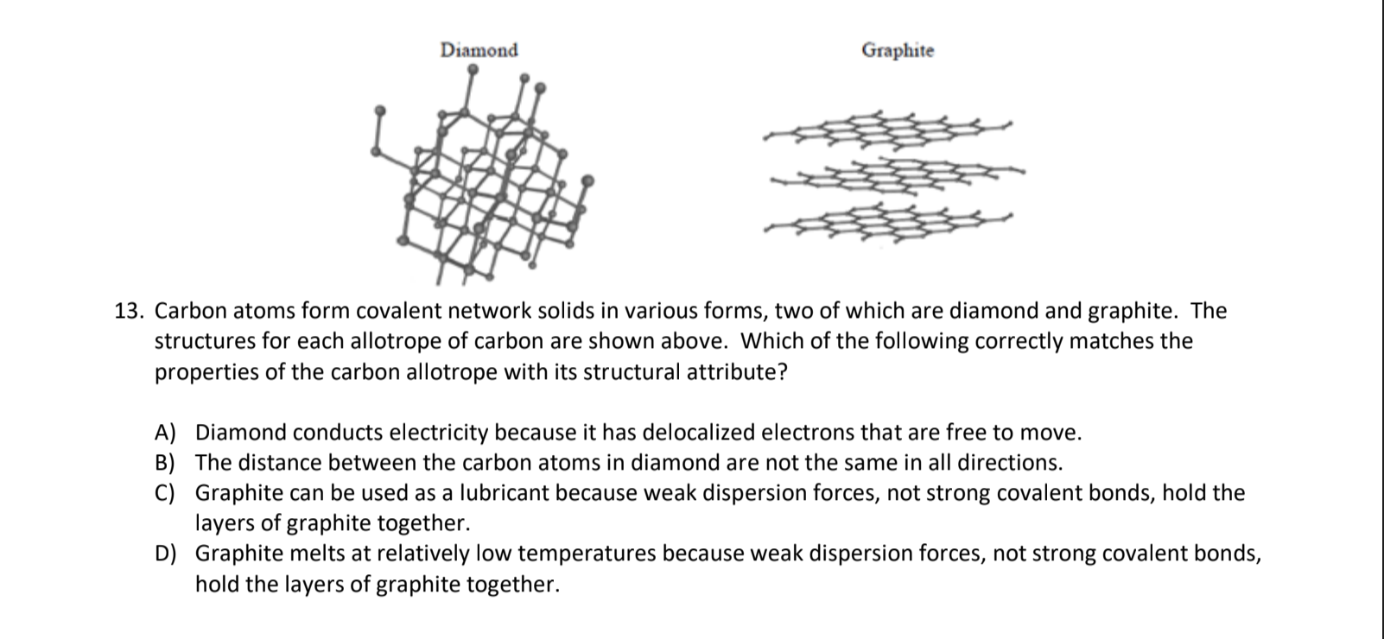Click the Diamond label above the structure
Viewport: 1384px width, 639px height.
coord(479,50)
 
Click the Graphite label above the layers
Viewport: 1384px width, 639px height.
coord(897,50)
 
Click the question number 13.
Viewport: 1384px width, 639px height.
coord(130,311)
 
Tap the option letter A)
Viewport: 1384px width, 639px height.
coord(165,432)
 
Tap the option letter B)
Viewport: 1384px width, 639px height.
coord(165,463)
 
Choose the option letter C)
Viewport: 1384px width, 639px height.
coord(165,493)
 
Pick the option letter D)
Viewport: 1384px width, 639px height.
coord(165,554)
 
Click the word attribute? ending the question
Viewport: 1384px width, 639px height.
coord(736,373)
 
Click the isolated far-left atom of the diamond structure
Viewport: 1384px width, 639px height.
coord(378,111)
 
